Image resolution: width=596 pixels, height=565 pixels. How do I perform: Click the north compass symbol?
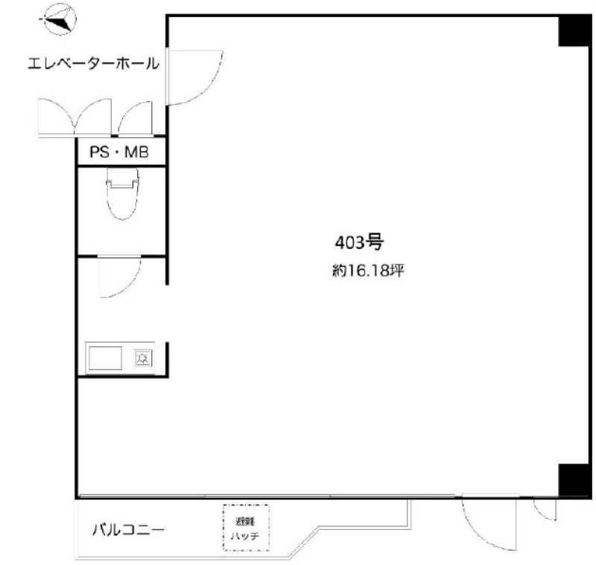point(59,19)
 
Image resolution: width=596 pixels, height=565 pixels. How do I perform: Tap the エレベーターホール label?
point(93,63)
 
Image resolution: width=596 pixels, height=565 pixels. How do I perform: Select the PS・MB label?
point(119,152)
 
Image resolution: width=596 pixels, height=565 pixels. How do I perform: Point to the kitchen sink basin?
point(105,358)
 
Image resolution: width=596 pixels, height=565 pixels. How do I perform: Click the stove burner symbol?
point(143,359)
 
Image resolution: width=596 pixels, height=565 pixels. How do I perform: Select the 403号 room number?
point(359,242)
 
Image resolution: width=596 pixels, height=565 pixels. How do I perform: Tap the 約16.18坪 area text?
point(368,271)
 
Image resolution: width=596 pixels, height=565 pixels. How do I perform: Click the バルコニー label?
point(128,530)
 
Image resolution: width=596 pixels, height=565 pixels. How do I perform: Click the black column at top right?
point(574,31)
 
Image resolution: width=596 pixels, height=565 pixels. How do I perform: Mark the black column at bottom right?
point(574,480)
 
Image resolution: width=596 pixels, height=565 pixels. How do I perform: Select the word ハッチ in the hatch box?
point(245,536)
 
